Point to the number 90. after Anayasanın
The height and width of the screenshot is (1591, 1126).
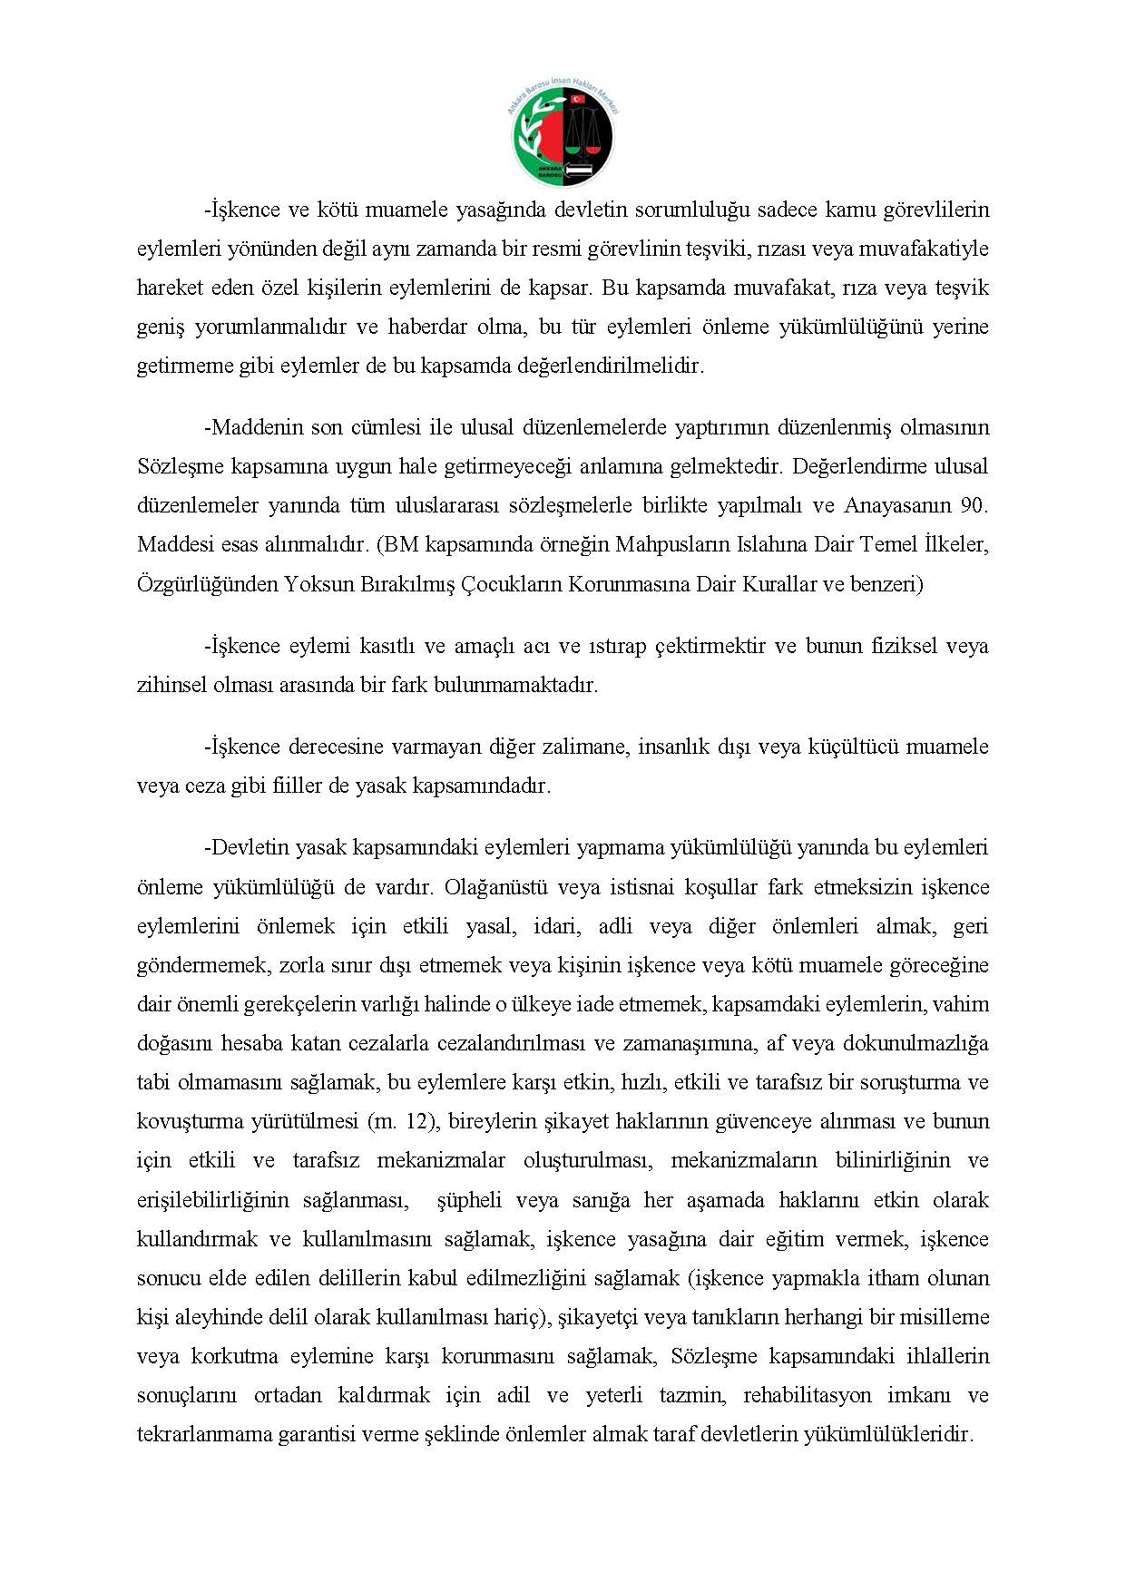click(x=974, y=505)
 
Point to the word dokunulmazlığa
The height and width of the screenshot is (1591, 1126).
click(x=915, y=1043)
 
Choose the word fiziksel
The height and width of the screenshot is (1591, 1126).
click(x=891, y=646)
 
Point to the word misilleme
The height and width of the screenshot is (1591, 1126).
click(x=945, y=1317)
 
